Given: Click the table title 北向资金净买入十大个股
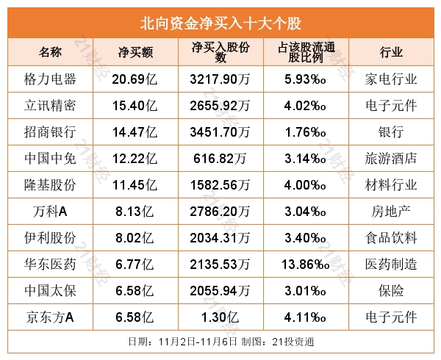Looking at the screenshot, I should (220, 22).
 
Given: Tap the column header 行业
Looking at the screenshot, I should (391, 52).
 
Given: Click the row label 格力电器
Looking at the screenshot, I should (51, 79).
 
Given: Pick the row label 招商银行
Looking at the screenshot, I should (51, 132).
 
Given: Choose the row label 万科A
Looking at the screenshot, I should (51, 212).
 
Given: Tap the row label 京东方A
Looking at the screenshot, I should (51, 317).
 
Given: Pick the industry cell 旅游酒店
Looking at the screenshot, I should (391, 158).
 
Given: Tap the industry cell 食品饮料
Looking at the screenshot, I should (391, 238).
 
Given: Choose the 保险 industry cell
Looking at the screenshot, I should (391, 291).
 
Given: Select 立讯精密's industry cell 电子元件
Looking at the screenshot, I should (391, 105).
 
